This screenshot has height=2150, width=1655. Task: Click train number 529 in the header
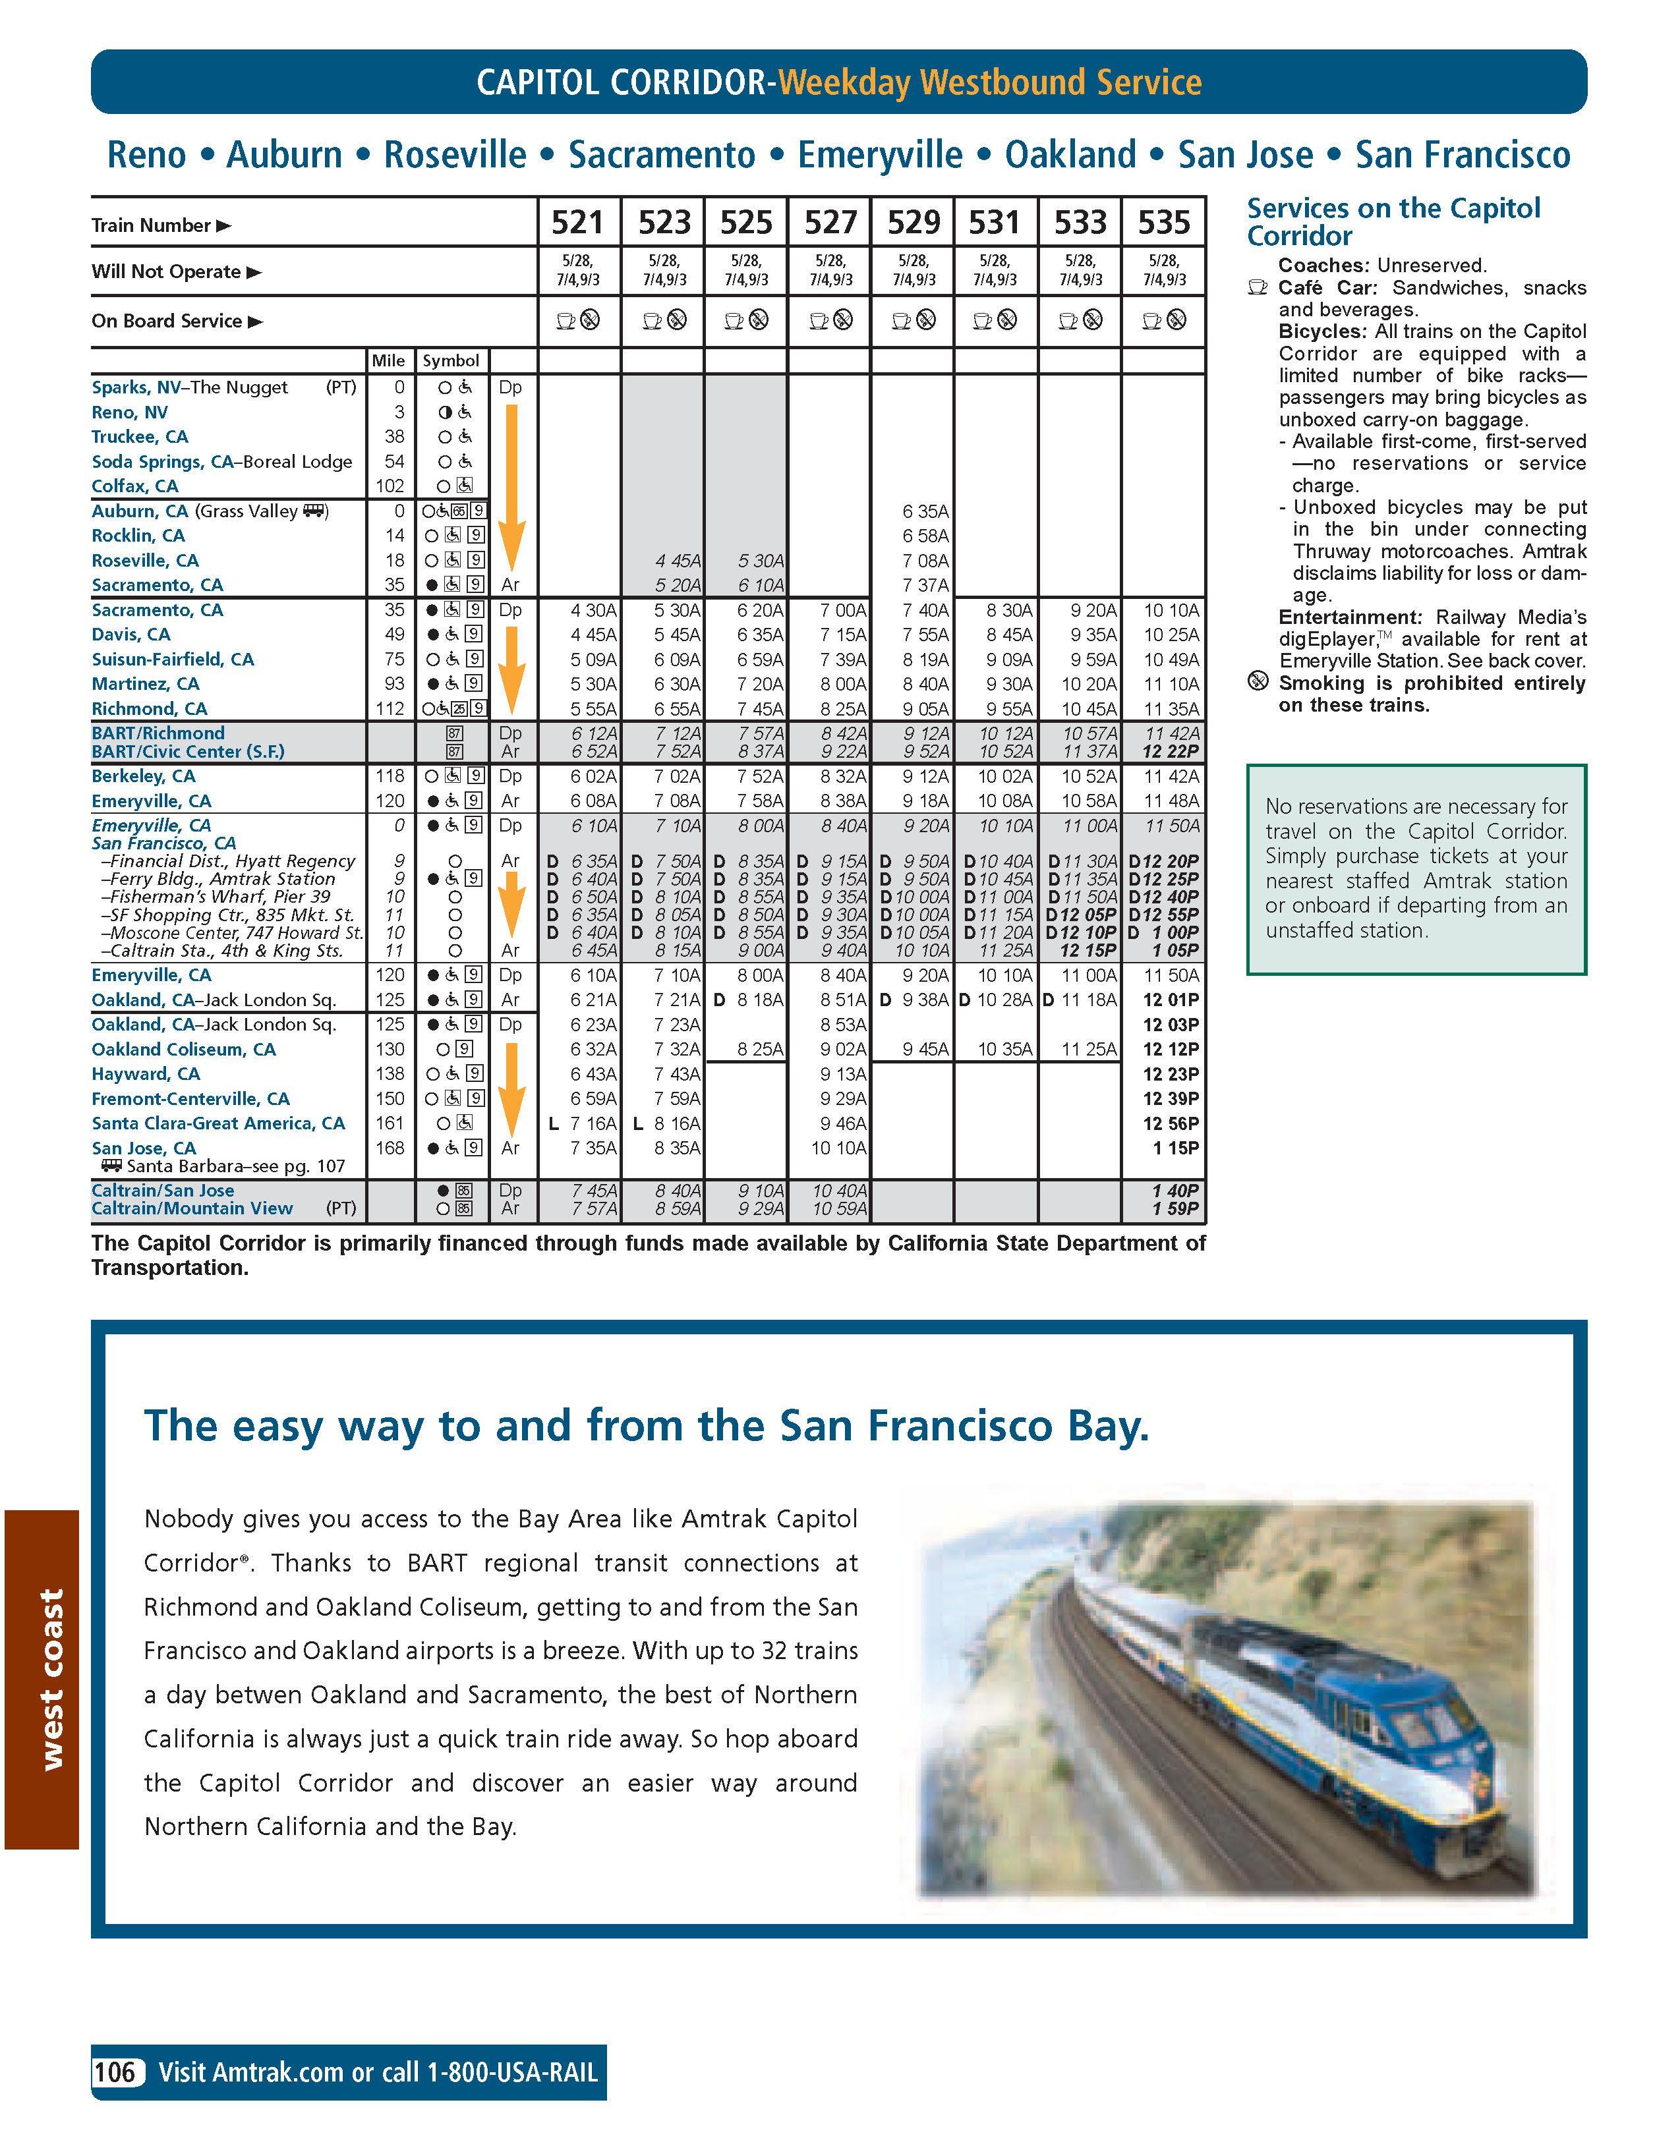pos(913,223)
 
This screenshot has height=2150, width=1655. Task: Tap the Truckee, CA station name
pos(140,437)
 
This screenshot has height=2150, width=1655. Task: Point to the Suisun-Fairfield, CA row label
pos(172,660)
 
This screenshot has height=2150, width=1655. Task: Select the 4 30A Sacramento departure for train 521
pos(594,610)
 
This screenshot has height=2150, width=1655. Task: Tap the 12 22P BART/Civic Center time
pos(1171,752)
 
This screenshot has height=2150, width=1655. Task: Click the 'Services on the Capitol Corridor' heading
pos(1393,223)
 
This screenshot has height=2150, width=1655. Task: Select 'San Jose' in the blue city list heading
pos(1246,156)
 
